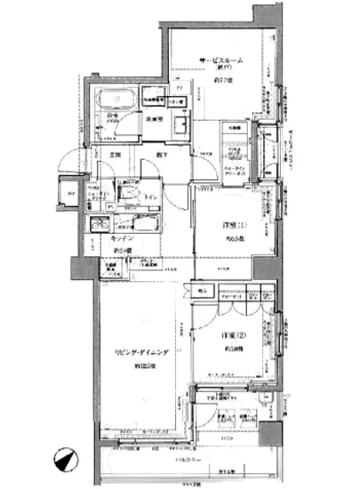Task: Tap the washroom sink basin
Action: [177, 124]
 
